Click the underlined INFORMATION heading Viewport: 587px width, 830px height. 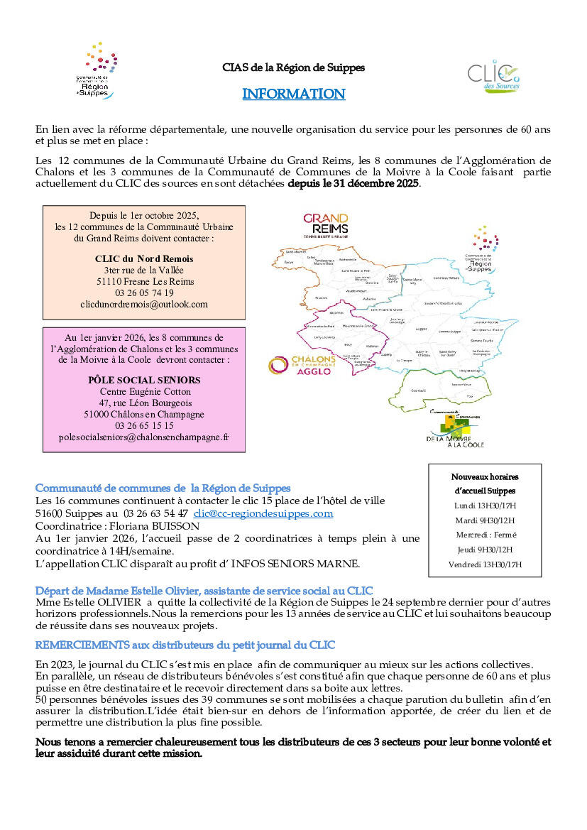coord(293,94)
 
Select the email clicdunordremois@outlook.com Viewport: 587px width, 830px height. coord(144,304)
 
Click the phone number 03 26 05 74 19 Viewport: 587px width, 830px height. coord(144,293)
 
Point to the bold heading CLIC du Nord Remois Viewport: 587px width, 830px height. coord(144,258)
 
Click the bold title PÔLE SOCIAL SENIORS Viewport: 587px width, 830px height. coord(144,380)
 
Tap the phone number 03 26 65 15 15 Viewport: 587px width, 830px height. coord(144,425)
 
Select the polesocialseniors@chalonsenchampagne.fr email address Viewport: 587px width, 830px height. coord(144,437)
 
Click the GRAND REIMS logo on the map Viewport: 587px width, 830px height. coord(326,225)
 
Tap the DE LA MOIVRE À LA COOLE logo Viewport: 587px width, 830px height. coord(454,430)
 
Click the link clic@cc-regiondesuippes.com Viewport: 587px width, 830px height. coord(263,513)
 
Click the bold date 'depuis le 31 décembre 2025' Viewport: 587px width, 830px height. coord(353,184)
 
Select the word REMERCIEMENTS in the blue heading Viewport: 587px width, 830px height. coord(82,645)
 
